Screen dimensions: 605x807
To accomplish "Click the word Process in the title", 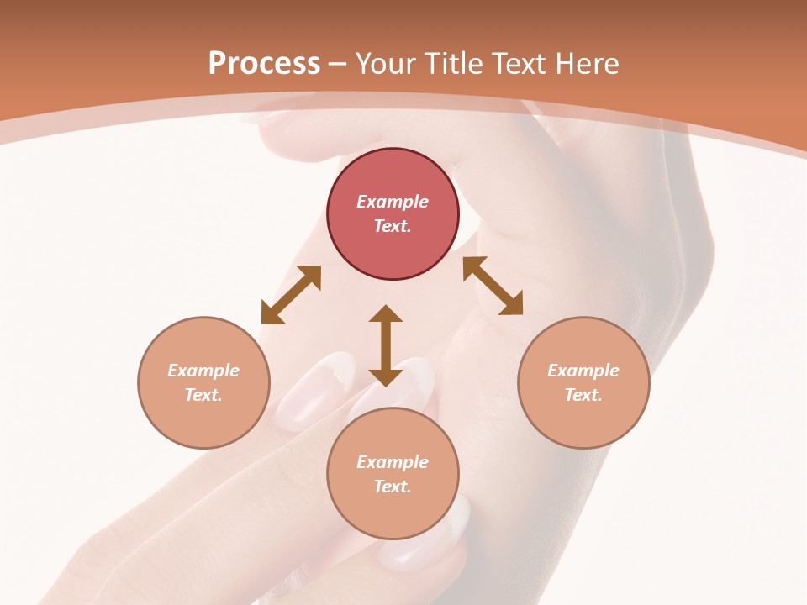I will (x=264, y=64).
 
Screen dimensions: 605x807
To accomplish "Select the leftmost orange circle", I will (x=203, y=382).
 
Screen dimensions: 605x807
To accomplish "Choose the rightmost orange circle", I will (x=583, y=382).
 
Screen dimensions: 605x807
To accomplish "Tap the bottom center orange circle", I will (x=393, y=473).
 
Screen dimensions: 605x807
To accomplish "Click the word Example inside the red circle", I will (x=393, y=202).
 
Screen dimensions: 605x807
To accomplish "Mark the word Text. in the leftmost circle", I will (x=203, y=395).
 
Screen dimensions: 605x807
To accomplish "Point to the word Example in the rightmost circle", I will (x=583, y=371).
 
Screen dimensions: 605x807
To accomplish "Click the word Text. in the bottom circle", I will (x=393, y=487).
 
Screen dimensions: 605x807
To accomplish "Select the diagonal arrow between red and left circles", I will (x=291, y=295).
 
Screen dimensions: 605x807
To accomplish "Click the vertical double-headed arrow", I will (x=386, y=345).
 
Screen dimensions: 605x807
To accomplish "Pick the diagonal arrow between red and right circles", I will (x=493, y=286).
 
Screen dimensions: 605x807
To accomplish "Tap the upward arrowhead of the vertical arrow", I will (x=386, y=313).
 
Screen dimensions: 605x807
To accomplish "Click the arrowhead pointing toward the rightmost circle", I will (x=513, y=305).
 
